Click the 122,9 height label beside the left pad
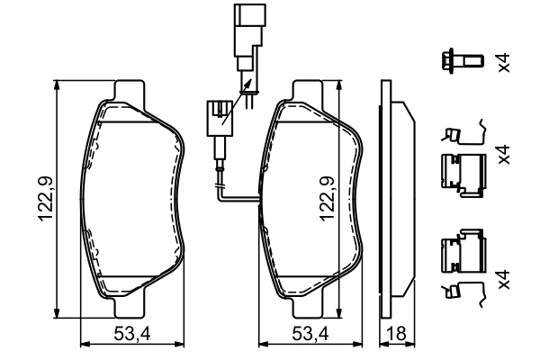[x=46, y=198]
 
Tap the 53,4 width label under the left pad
[x=132, y=334]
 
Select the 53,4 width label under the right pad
[x=310, y=334]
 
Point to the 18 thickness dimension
[x=396, y=334]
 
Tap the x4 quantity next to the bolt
[x=504, y=62]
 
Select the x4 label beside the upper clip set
[x=504, y=154]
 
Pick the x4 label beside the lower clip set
[x=504, y=279]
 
